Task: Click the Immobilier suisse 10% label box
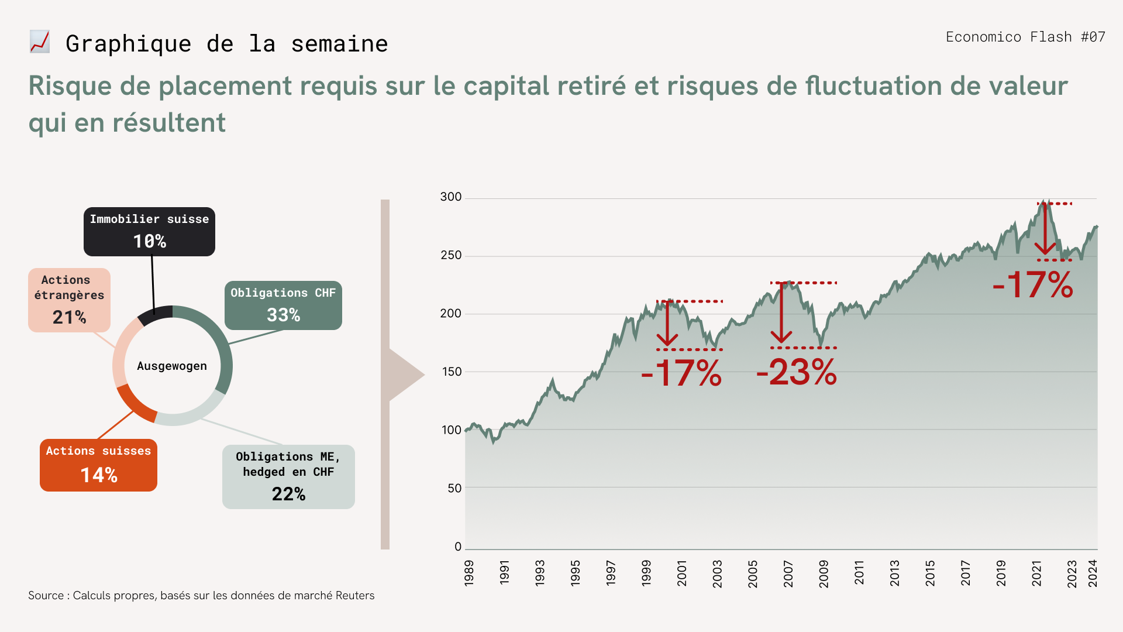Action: click(149, 232)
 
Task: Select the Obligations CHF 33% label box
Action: click(283, 305)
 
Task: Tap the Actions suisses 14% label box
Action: click(98, 465)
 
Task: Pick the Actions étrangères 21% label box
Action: click(69, 300)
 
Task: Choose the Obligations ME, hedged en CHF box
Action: click(288, 477)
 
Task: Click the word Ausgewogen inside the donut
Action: click(172, 366)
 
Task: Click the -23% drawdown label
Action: click(797, 372)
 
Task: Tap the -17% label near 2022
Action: click(1033, 285)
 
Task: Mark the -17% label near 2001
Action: click(681, 373)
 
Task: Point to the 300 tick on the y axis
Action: click(451, 197)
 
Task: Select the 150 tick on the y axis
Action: click(451, 372)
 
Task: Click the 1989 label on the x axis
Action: click(469, 573)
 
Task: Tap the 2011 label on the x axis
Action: click(859, 573)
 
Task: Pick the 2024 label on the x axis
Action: click(1093, 573)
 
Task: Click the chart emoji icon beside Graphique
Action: click(40, 42)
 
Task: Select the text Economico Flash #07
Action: click(1025, 37)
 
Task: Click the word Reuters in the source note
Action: click(355, 596)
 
